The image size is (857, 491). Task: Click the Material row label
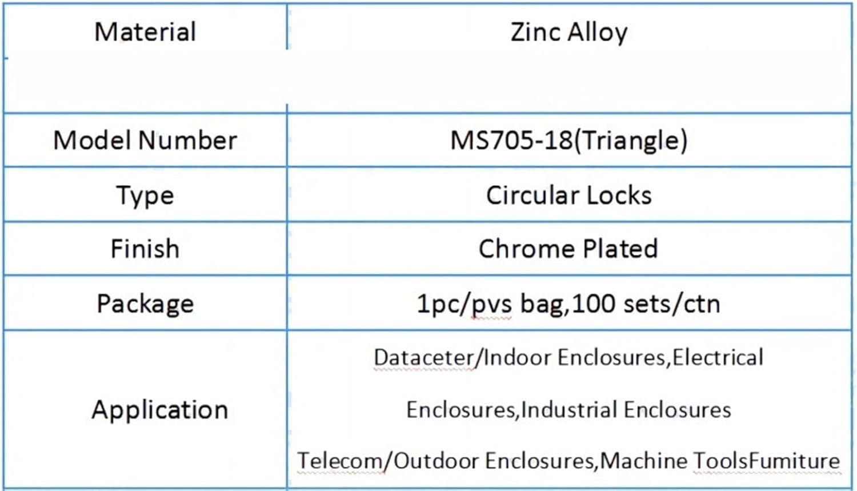coord(145,32)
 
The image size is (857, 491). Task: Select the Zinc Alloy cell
coord(569,32)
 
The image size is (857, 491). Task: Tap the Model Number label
coord(145,141)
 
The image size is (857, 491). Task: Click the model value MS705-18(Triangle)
coord(569,141)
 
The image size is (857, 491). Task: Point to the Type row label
coord(145,196)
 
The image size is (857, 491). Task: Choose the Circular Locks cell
coord(569,195)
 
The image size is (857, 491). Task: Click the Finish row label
coord(145,249)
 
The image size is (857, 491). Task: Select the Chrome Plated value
coord(568,249)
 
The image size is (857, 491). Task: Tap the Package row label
coord(145,304)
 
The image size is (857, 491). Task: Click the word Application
coord(160,410)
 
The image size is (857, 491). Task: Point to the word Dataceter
coord(423,358)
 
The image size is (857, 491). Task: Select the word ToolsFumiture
coord(767,461)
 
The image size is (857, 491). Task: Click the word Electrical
coord(718,358)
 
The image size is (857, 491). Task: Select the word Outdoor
coord(436,461)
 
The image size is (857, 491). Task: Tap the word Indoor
coord(517,358)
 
